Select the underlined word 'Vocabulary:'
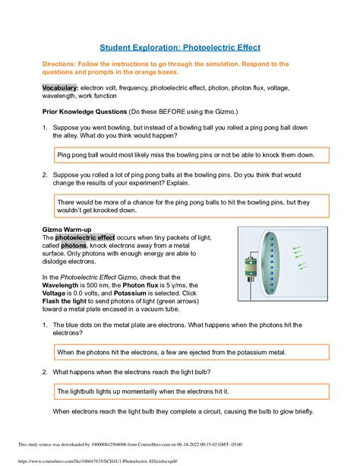(62, 88)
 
